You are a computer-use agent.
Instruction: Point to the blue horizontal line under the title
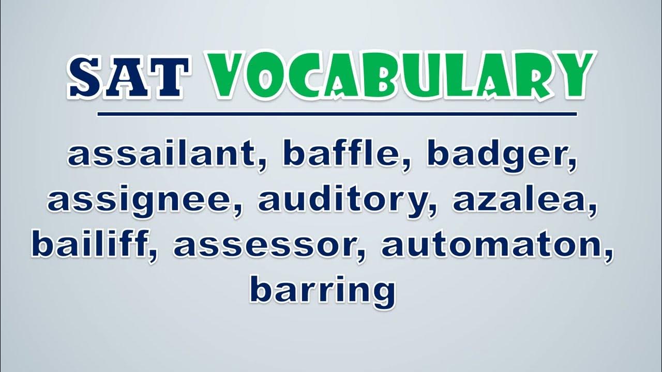pos(337,114)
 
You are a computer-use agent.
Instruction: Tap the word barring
pos(323,292)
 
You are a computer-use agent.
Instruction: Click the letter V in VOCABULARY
pos(228,73)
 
